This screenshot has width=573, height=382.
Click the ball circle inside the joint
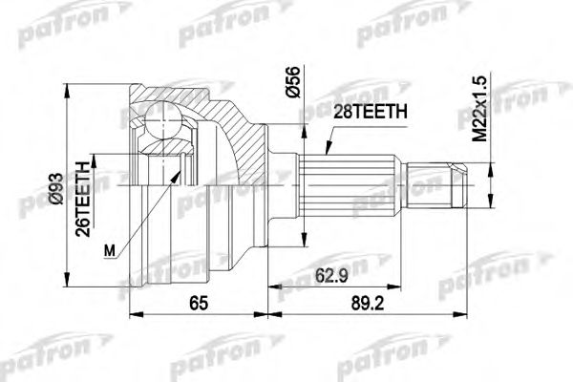[x=158, y=123]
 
